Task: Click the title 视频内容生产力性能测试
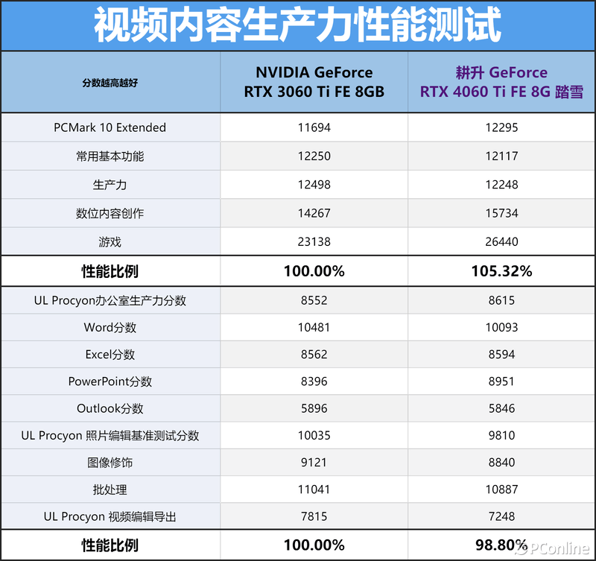coord(298,25)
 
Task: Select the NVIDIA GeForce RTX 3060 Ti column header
coord(314,82)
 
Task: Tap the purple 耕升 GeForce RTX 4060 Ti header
coord(501,82)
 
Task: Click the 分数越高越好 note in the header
coord(110,83)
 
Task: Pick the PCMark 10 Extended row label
coord(110,127)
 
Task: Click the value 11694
coord(314,127)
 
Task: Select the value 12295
coord(501,127)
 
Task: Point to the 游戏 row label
coord(110,241)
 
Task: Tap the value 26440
coord(501,241)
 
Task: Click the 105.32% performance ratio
coord(501,271)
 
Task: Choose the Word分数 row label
coord(110,328)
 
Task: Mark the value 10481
coord(314,328)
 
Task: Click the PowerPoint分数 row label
coord(110,381)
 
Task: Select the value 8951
coord(501,381)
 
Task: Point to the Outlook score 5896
coord(314,408)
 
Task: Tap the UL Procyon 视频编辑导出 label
coord(110,516)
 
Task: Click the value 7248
coord(501,516)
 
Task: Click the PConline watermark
coord(552,548)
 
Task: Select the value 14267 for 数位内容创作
coord(314,213)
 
